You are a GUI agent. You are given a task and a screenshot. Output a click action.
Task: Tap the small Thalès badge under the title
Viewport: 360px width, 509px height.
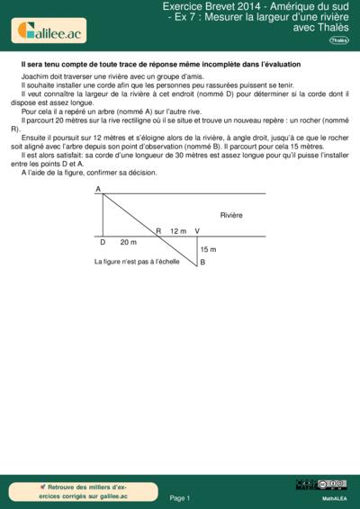click(x=339, y=40)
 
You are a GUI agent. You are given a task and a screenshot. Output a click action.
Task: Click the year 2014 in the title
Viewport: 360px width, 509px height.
click(x=241, y=5)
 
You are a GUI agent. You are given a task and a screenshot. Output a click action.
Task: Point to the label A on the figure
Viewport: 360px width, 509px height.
click(x=97, y=188)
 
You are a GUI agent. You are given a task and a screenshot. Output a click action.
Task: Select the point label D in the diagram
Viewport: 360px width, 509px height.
click(x=103, y=242)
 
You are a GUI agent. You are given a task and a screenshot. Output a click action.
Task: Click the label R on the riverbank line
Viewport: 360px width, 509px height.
click(x=158, y=231)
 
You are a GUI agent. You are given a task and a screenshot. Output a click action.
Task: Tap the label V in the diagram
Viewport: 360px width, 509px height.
click(x=196, y=231)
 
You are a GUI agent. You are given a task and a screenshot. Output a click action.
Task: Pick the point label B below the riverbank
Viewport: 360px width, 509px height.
click(x=202, y=263)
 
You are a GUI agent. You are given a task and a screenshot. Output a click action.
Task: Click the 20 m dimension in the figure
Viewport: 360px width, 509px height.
click(x=128, y=242)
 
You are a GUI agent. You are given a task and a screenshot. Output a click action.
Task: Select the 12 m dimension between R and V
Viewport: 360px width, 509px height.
click(x=177, y=231)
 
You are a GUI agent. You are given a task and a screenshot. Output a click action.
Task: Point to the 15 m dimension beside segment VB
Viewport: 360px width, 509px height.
click(x=208, y=249)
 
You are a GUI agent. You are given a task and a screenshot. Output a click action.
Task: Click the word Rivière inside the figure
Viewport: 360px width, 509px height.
click(x=231, y=215)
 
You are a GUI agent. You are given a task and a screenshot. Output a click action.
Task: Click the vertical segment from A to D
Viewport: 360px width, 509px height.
click(x=103, y=216)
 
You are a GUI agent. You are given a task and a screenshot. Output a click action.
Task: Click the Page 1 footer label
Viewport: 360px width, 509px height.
click(x=180, y=497)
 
